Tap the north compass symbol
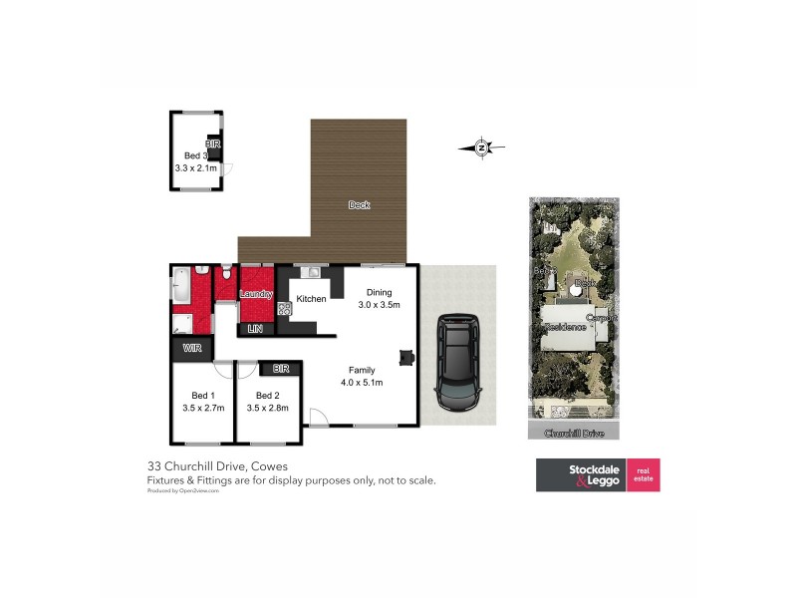click(481, 149)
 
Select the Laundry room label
click(256, 294)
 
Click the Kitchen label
click(311, 299)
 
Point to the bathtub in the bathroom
click(181, 288)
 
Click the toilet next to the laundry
click(228, 273)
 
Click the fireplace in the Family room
click(406, 357)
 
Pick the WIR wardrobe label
click(189, 348)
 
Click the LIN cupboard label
click(254, 328)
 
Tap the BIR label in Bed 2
click(281, 369)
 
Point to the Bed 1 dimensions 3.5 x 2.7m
click(203, 408)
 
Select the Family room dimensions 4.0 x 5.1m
click(362, 382)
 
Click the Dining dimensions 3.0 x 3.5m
click(379, 305)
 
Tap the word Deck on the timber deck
click(359, 205)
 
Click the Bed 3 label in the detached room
click(195, 155)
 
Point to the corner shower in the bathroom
click(181, 322)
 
